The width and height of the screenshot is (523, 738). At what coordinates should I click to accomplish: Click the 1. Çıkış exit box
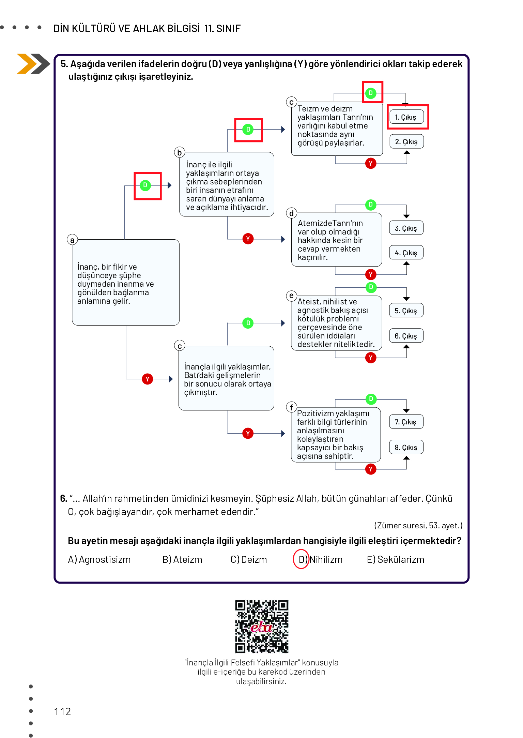click(406, 117)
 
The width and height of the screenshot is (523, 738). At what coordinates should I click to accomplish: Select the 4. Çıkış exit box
click(406, 253)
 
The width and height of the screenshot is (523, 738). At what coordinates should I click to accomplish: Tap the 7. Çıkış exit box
click(406, 422)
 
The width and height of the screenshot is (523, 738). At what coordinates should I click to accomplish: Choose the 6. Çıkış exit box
click(406, 336)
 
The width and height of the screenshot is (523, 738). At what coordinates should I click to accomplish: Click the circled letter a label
click(72, 240)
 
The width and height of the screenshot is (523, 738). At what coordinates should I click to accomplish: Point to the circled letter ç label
click(291, 102)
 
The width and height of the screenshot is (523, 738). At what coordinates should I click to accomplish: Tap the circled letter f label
click(291, 407)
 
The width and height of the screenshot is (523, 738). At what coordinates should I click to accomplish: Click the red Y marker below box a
click(148, 379)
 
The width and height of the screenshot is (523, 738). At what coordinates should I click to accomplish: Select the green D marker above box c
click(248, 323)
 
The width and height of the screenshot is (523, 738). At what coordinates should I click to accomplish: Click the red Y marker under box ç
click(371, 163)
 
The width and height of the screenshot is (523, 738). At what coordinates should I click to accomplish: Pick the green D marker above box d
click(371, 205)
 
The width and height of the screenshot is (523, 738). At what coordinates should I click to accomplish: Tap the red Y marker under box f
click(371, 469)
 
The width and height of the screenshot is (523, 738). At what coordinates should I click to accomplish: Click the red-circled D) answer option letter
click(301, 559)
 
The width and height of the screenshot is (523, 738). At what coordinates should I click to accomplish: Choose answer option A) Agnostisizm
click(99, 559)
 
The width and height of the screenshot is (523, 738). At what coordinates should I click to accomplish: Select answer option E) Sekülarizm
click(396, 559)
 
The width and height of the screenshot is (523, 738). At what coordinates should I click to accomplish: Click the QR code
click(262, 627)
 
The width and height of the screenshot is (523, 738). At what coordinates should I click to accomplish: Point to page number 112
click(63, 711)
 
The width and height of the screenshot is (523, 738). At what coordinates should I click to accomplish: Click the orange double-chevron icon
click(33, 64)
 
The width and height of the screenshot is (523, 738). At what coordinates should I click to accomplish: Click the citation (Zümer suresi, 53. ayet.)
click(418, 525)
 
